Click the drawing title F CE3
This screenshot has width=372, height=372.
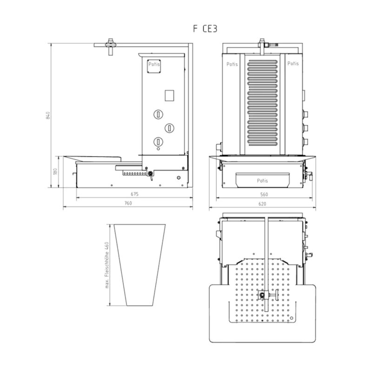pyautogui.click(x=205, y=29)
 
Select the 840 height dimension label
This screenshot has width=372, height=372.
pyautogui.click(x=48, y=115)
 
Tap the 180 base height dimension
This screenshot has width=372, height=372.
pyautogui.click(x=55, y=171)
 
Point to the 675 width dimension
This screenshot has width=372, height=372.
pyautogui.click(x=134, y=194)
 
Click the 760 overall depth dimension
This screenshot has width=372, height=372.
pyautogui.click(x=128, y=203)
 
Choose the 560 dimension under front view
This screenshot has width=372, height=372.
pyautogui.click(x=264, y=194)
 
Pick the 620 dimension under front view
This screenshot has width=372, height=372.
pyautogui.click(x=262, y=204)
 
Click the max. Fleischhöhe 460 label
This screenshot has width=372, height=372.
pyautogui.click(x=107, y=265)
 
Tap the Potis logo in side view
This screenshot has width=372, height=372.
pyautogui.click(x=154, y=66)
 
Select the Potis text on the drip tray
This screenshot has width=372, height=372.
pyautogui.click(x=262, y=181)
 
